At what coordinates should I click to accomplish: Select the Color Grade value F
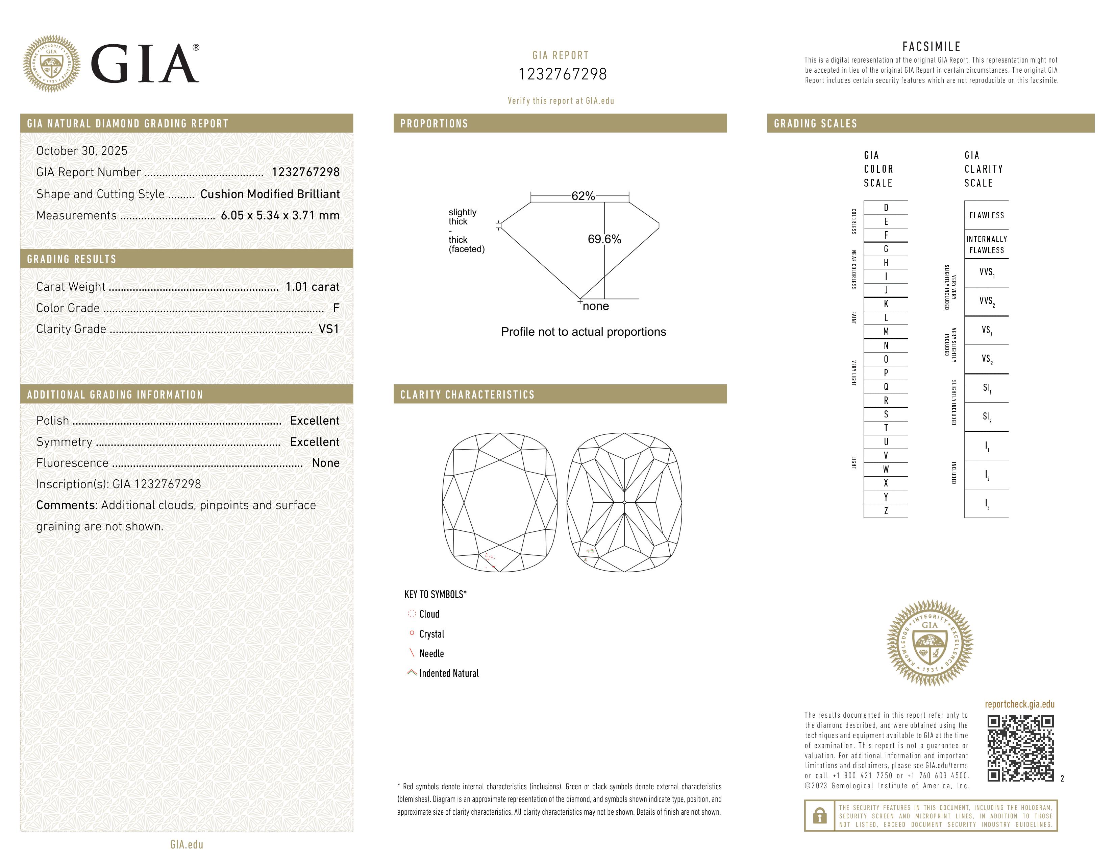click(x=336, y=308)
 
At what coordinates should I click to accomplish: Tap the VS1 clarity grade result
click(x=328, y=329)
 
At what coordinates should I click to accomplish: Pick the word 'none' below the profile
click(x=595, y=306)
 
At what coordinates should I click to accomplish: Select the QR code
click(x=1020, y=748)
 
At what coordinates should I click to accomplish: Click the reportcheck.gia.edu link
click(x=1019, y=704)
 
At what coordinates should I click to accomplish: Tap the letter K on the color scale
click(x=886, y=304)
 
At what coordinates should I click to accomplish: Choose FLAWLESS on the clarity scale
click(x=986, y=215)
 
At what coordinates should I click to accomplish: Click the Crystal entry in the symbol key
click(x=431, y=634)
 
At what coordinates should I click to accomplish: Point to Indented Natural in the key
click(x=449, y=673)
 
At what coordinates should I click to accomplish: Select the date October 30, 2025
click(x=82, y=151)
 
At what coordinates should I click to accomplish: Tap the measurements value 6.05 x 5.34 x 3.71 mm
click(x=280, y=216)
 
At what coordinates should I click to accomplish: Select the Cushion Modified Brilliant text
click(x=270, y=194)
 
